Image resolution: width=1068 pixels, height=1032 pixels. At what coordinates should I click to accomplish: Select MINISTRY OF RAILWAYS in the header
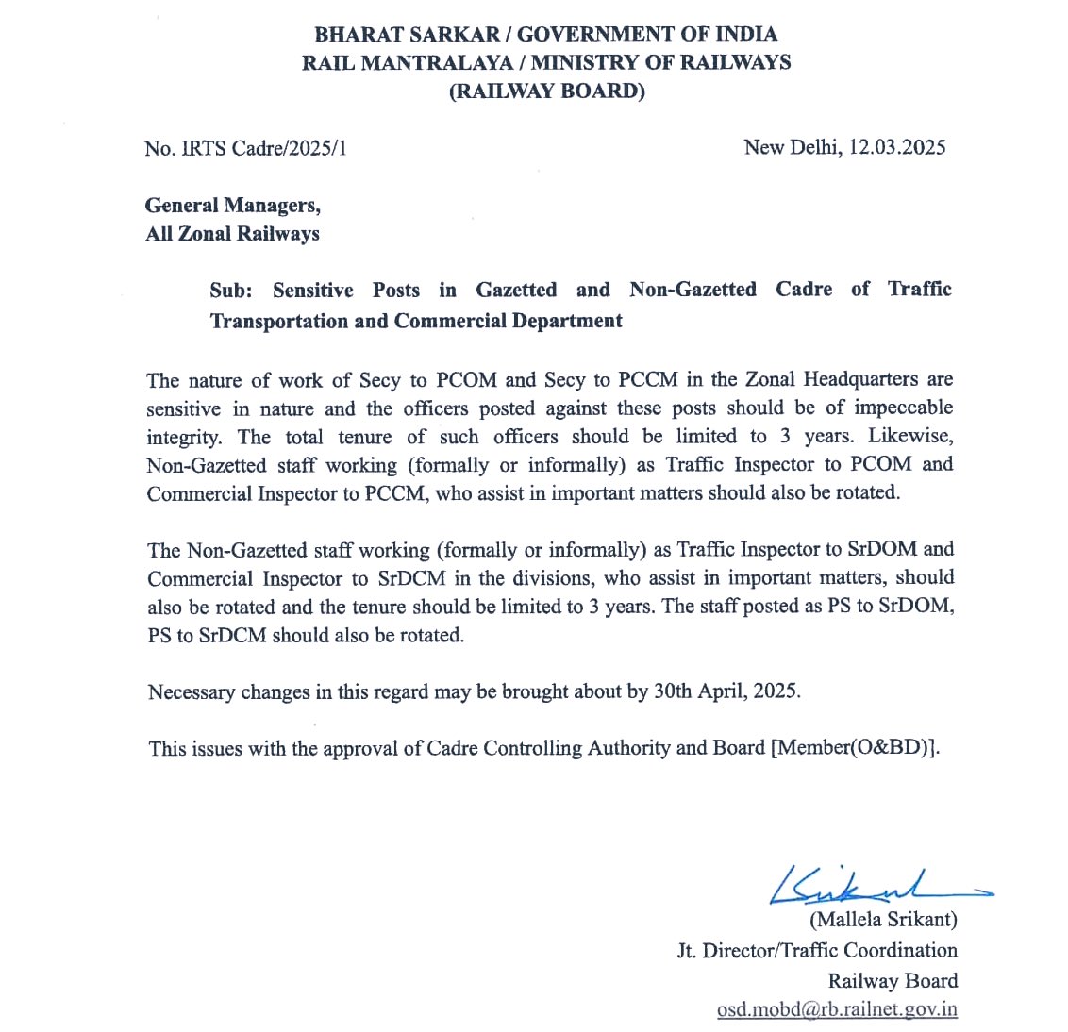pos(660,63)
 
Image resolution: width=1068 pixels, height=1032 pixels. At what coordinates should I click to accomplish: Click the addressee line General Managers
pos(232,206)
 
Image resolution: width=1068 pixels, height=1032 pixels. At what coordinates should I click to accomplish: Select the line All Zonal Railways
pos(232,234)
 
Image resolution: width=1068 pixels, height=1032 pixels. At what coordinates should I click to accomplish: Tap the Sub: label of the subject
pos(231,291)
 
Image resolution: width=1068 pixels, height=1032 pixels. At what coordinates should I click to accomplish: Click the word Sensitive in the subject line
pos(313,291)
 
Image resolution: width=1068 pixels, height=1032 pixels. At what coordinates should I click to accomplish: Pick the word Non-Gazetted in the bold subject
pos(693,290)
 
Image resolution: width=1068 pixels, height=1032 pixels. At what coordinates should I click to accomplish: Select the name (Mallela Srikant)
pos(882,919)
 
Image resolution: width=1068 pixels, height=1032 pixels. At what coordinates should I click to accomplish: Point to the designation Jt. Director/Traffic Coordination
pos(817,950)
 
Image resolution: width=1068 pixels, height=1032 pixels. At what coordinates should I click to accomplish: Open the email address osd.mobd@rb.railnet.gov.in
pos(837,1009)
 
